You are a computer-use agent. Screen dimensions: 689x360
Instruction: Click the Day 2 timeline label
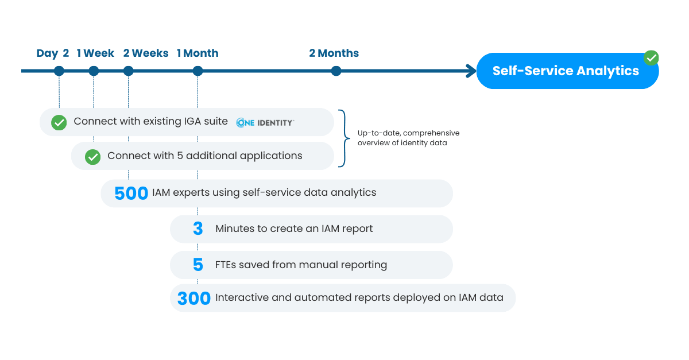(53, 53)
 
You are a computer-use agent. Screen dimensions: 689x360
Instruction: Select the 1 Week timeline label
(95, 53)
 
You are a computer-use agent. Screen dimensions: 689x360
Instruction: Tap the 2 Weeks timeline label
(146, 53)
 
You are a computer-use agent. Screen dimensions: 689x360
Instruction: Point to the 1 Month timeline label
(198, 53)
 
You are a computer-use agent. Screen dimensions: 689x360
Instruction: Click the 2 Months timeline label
(334, 53)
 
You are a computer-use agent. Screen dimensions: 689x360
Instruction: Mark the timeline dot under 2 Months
(336, 71)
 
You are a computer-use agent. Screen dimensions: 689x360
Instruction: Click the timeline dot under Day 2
(59, 71)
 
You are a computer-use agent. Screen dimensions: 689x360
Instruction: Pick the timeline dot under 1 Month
(198, 71)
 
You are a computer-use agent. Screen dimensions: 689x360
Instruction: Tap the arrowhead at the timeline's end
(471, 71)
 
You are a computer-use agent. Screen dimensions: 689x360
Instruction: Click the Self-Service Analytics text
(566, 71)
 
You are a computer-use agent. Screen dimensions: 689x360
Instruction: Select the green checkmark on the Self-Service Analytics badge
(651, 58)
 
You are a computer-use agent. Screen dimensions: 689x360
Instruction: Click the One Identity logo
(265, 122)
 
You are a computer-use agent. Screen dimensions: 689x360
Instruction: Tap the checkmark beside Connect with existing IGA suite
(59, 122)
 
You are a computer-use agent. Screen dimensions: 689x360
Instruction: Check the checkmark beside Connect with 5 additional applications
(92, 157)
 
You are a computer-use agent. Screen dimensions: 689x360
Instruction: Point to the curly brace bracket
(344, 138)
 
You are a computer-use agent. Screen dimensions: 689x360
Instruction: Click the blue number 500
(131, 193)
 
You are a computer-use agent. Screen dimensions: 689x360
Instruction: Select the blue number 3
(198, 229)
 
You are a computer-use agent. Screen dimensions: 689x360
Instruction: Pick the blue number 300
(194, 299)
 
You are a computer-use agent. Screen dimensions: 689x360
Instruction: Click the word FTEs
(224, 265)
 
